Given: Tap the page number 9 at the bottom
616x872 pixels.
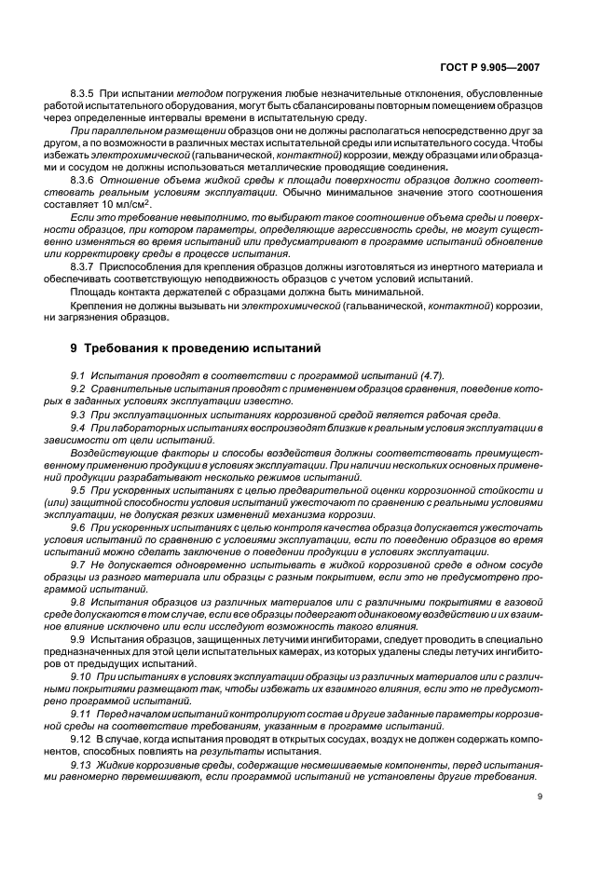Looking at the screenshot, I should (540, 796).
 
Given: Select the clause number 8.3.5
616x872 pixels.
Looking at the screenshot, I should (85, 93).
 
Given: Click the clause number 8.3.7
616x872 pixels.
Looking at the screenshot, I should (85, 266).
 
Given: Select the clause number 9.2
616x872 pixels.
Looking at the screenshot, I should (79, 388).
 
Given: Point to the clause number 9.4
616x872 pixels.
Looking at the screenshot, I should (79, 426).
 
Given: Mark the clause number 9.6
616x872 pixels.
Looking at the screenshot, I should (79, 526).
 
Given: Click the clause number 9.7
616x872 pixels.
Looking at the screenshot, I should (79, 565).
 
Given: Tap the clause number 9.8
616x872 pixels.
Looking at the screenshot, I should (79, 602).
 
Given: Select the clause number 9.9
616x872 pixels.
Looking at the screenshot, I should (80, 640).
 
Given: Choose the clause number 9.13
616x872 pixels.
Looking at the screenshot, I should (82, 763).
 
